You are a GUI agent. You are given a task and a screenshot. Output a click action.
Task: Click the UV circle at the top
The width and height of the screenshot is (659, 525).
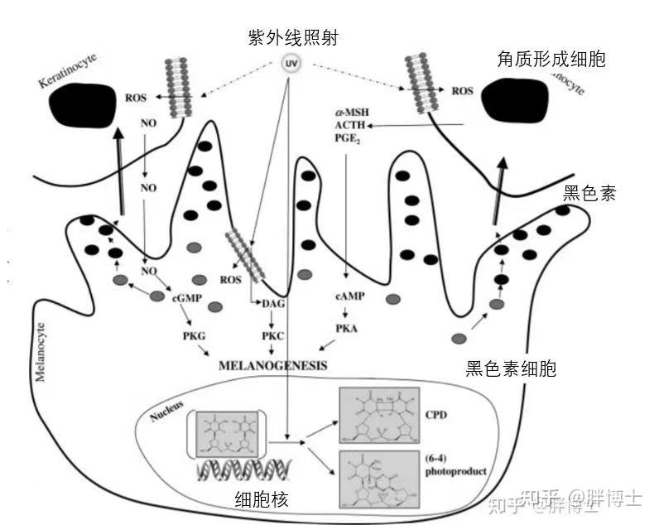pyautogui.click(x=291, y=63)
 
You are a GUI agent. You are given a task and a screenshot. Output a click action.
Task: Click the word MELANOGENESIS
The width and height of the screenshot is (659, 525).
pyautogui.click(x=272, y=365)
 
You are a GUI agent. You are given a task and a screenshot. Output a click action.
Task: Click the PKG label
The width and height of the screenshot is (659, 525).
pyautogui.click(x=194, y=335)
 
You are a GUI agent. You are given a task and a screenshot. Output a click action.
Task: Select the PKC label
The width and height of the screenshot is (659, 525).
pyautogui.click(x=272, y=336)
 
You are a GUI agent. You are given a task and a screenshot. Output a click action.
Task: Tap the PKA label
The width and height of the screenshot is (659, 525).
pyautogui.click(x=346, y=329)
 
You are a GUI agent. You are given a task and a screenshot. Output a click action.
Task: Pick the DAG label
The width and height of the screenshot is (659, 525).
pyautogui.click(x=273, y=304)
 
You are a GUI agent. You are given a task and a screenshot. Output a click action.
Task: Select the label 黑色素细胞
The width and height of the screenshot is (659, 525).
pyautogui.click(x=511, y=368)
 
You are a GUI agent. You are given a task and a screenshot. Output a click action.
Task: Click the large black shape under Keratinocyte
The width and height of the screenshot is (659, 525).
pyautogui.click(x=81, y=108)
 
